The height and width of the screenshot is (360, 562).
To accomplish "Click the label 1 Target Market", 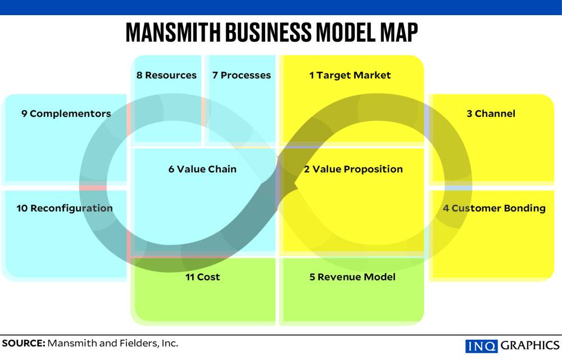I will (x=350, y=75).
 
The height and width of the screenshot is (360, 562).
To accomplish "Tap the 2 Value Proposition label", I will (x=353, y=169).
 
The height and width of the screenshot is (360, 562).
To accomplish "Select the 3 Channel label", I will (x=491, y=114).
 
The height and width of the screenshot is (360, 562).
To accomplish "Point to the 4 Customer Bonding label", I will (x=494, y=208).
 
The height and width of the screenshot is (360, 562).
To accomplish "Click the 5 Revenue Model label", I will (x=352, y=277).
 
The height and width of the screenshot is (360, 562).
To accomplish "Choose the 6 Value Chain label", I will (x=202, y=169).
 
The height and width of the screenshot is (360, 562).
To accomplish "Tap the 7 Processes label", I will (x=241, y=75).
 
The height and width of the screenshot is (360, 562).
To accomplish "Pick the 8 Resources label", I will (x=166, y=75).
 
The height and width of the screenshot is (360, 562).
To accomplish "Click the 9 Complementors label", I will (x=66, y=114).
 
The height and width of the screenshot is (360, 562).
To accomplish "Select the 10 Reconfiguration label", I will (x=65, y=208).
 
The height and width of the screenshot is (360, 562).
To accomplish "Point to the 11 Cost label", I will (x=203, y=277).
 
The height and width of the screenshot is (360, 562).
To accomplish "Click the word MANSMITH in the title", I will (x=173, y=33).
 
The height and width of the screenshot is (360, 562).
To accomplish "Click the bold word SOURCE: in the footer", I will (x=23, y=343).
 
